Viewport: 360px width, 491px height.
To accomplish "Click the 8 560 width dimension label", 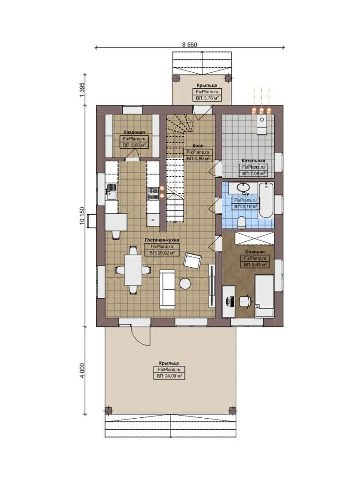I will [x=190, y=45].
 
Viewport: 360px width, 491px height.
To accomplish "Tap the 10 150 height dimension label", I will [x=82, y=215].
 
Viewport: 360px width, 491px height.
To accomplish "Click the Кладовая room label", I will [x=134, y=132].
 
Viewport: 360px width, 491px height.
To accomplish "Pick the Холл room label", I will [x=197, y=145].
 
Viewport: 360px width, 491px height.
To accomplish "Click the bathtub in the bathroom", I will [x=266, y=200].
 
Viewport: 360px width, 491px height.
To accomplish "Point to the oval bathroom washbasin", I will [x=244, y=186].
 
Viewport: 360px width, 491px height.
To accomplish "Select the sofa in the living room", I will [x=167, y=289].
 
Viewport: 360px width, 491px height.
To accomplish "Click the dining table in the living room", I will [x=133, y=270].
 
